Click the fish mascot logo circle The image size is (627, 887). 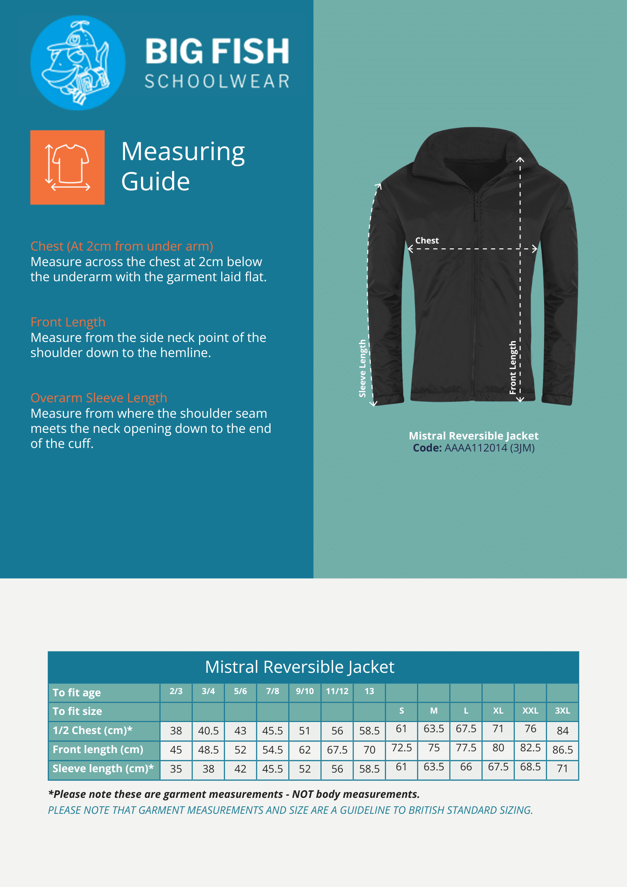point(78,63)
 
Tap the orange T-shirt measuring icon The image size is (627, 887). point(67,167)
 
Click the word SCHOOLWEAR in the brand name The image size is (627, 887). point(217,82)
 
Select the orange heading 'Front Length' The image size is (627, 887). point(68,322)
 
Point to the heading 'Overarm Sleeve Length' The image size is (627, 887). point(98,398)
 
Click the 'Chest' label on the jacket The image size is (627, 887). point(427,240)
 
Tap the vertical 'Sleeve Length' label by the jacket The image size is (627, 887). point(363,368)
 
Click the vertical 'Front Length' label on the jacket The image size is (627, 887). point(513,367)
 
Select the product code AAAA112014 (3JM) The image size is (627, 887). point(489,448)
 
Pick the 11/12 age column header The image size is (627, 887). point(337,691)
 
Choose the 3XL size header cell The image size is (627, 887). point(562,710)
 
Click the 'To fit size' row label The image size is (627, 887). point(77,711)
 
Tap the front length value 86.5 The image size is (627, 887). point(562,750)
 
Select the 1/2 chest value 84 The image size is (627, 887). point(562,730)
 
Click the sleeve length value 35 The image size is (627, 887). point(176,769)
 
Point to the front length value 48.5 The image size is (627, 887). point(208,750)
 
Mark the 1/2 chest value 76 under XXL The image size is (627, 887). point(530,729)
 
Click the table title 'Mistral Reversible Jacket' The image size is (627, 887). point(300,667)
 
